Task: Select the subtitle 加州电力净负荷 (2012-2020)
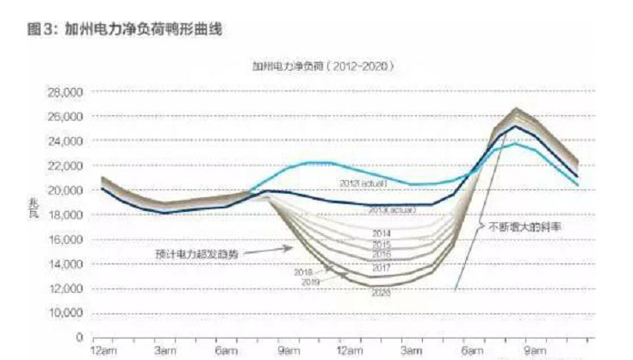coord(323,65)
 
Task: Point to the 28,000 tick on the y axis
coord(65,91)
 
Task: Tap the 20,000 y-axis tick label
coord(65,190)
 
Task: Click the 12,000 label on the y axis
coord(65,289)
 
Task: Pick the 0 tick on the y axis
coord(78,338)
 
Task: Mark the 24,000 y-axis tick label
coord(65,140)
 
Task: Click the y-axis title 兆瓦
coord(34,208)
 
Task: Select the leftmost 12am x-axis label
coord(103,352)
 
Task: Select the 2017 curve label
coord(382,269)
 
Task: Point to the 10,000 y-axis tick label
coord(65,313)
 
